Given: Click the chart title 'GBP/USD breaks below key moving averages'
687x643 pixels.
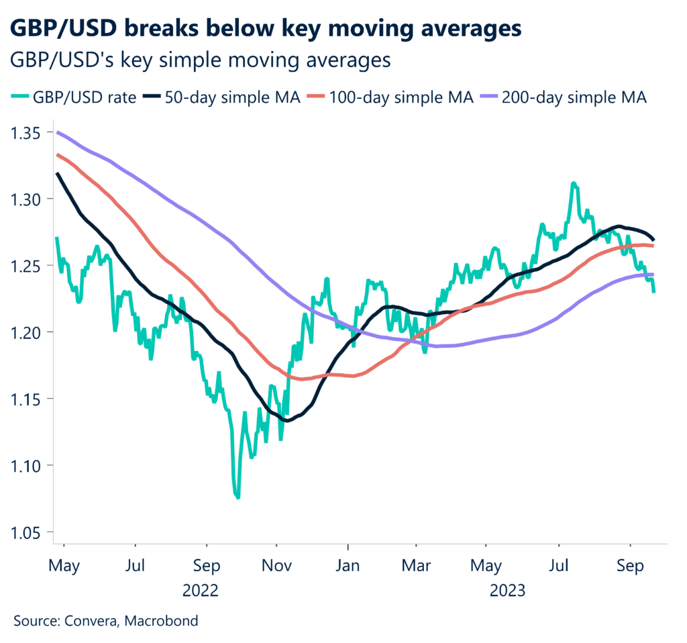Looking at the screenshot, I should [x=266, y=29].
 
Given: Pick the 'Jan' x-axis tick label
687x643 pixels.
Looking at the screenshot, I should [x=348, y=566].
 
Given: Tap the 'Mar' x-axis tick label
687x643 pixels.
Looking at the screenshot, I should [x=416, y=566].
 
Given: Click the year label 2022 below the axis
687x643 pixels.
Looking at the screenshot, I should [x=201, y=591].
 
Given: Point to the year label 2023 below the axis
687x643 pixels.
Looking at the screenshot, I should [x=508, y=591].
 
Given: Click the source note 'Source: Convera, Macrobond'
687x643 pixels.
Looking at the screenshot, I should [x=106, y=621].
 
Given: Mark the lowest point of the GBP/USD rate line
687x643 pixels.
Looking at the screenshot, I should [x=237, y=497].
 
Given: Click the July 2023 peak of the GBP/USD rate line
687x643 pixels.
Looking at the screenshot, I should [x=574, y=183].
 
